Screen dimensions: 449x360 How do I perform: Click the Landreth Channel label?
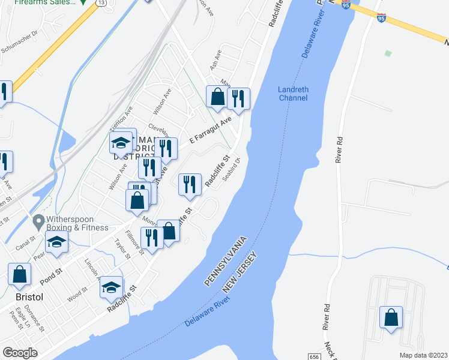point(294,94)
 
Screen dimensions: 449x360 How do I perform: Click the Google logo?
point(20,352)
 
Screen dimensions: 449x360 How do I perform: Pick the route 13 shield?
point(103,4)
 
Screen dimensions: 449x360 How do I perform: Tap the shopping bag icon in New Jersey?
point(391,317)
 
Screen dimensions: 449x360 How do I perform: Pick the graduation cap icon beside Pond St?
point(57,242)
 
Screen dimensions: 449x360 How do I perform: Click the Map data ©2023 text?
point(422,355)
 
